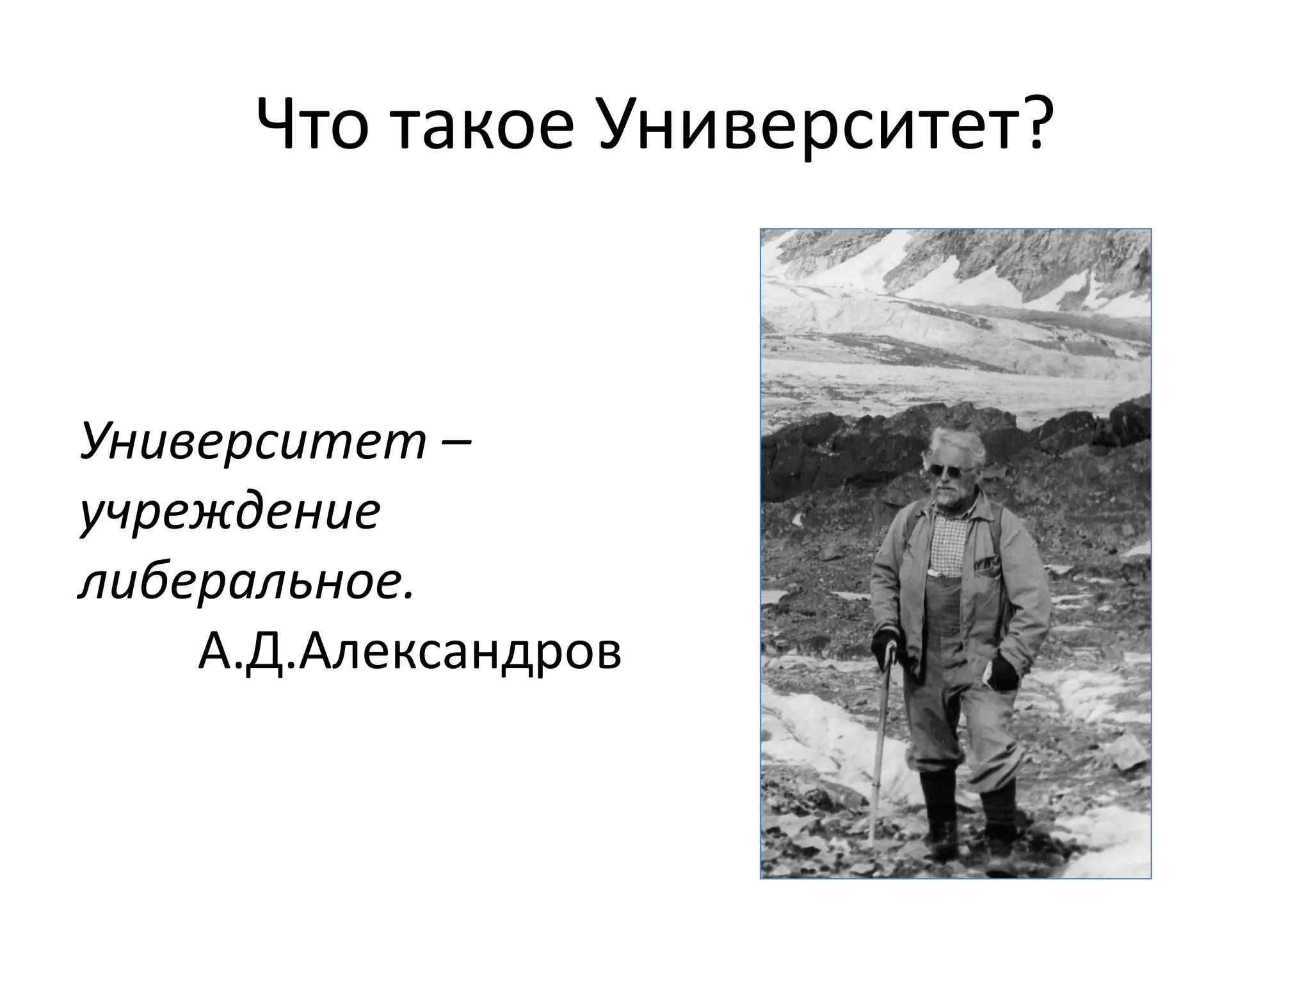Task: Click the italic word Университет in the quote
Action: [253, 441]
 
